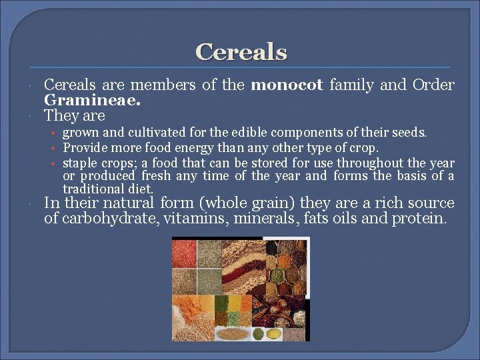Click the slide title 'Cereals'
click(241, 52)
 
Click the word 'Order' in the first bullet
click(433, 85)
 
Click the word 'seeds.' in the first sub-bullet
click(411, 133)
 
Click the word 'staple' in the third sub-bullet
click(79, 163)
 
